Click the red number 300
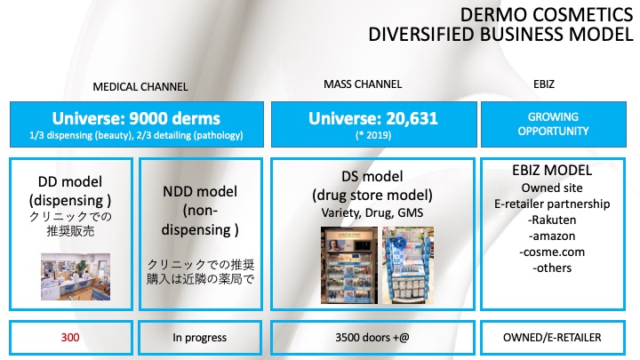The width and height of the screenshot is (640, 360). [70, 338]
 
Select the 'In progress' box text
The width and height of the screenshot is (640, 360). [200, 338]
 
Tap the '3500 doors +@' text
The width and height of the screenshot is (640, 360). [372, 338]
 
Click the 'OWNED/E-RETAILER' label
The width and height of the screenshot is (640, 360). [552, 338]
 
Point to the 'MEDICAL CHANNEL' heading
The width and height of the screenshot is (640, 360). [140, 87]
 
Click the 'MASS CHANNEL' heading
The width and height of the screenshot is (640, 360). [363, 84]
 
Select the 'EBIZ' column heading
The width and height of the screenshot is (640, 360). [544, 84]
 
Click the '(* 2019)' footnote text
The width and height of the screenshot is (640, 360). [373, 135]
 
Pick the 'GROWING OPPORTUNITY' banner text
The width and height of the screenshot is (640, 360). [553, 124]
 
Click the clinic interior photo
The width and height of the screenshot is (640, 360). [76, 276]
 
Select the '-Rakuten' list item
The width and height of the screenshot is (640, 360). [552, 220]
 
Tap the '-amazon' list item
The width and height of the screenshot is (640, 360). [552, 236]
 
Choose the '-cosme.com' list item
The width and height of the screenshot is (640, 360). [552, 252]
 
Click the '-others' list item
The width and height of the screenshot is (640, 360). [552, 268]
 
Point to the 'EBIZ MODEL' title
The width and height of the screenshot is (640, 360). [552, 170]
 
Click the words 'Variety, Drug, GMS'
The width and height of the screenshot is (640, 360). [372, 212]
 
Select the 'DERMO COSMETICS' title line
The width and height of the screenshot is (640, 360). [547, 15]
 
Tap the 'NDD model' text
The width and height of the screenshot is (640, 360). [200, 191]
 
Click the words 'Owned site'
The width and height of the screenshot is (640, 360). [552, 188]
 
